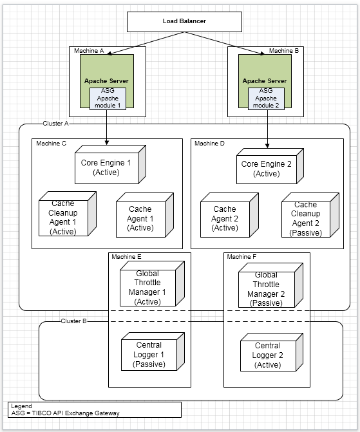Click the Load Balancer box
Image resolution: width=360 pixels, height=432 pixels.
click(184, 22)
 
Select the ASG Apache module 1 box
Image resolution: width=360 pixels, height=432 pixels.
click(108, 99)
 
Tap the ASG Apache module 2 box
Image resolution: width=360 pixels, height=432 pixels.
click(266, 99)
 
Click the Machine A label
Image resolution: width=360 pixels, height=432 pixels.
click(89, 51)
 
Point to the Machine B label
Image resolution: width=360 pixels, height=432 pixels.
click(283, 51)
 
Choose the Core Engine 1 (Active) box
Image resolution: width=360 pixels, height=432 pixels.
click(110, 164)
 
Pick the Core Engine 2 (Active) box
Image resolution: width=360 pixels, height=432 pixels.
click(270, 166)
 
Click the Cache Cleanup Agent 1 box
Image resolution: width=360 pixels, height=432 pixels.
click(68, 214)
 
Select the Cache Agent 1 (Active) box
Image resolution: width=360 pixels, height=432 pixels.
click(145, 215)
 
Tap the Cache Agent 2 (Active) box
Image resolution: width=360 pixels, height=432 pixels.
click(229, 215)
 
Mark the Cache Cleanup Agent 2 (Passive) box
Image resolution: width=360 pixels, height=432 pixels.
click(310, 215)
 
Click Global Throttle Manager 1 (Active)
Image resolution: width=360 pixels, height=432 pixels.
click(152, 284)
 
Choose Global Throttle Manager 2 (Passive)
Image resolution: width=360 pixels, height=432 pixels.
click(270, 285)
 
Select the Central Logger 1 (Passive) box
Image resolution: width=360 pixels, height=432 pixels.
click(153, 352)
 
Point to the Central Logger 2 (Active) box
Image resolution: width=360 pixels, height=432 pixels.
click(272, 352)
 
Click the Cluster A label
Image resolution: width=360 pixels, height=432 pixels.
click(55, 124)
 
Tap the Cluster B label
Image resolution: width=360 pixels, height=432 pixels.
click(73, 321)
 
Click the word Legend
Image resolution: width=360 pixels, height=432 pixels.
click(21, 406)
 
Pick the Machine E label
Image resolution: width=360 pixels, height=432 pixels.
click(126, 257)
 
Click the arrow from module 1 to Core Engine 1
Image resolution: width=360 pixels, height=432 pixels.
click(107, 127)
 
